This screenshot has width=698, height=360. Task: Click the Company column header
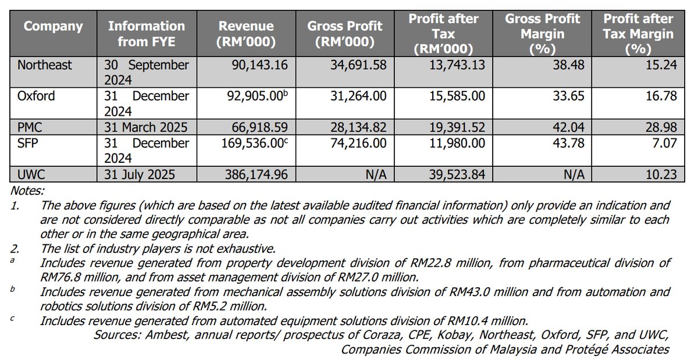(x=54, y=27)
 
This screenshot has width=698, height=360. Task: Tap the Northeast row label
(x=45, y=65)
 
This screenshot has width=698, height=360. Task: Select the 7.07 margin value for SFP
(x=665, y=143)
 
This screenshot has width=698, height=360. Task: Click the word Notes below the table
(x=27, y=190)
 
